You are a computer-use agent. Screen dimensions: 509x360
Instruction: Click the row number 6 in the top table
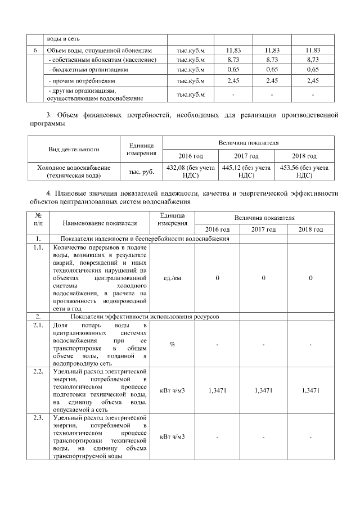pyautogui.click(x=35, y=51)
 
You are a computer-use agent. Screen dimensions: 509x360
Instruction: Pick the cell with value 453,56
pyautogui.click(x=304, y=171)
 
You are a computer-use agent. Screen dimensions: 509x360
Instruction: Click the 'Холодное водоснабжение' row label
pyautogui.click(x=74, y=171)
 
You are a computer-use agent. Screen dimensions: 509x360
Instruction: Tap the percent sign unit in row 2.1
pyautogui.click(x=172, y=345)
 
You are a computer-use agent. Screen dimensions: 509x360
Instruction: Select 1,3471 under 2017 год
pyautogui.click(x=264, y=390)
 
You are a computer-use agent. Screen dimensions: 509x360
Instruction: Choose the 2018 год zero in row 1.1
pyautogui.click(x=311, y=278)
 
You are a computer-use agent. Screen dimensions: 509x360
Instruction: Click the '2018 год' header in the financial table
pyautogui.click(x=304, y=156)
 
